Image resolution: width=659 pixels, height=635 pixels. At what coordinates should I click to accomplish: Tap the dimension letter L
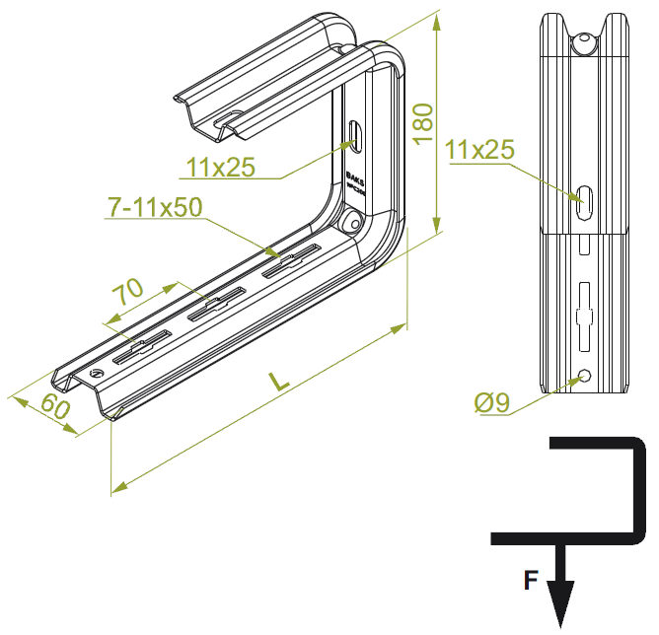pyautogui.click(x=280, y=381)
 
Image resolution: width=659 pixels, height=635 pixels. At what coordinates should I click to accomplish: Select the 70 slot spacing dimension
pyautogui.click(x=127, y=293)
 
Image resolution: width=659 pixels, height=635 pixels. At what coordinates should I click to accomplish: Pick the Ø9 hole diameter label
pyautogui.click(x=490, y=402)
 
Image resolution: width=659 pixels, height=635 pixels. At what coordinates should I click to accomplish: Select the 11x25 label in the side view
pyautogui.click(x=480, y=151)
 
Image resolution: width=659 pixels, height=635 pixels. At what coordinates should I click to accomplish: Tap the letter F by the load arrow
pyautogui.click(x=530, y=582)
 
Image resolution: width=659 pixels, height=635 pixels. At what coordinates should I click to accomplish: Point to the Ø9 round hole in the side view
pyautogui.click(x=585, y=377)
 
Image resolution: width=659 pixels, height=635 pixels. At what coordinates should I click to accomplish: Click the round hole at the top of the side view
pyautogui.click(x=585, y=43)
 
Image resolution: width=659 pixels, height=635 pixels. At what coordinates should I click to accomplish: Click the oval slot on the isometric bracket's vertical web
pyautogui.click(x=356, y=135)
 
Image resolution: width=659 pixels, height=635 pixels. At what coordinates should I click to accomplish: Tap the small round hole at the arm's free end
pyautogui.click(x=96, y=375)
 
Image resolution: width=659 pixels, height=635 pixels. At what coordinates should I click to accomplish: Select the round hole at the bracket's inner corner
pyautogui.click(x=351, y=223)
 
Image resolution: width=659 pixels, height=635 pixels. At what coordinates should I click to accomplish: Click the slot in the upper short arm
pyautogui.click(x=229, y=121)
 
